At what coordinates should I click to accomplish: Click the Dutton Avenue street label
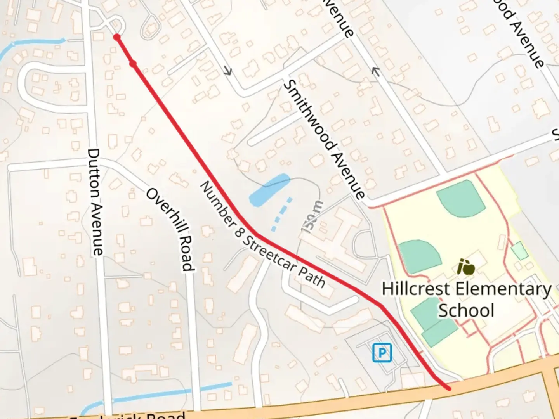pyautogui.click(x=95, y=202)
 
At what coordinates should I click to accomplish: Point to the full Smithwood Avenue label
pyautogui.click(x=324, y=140)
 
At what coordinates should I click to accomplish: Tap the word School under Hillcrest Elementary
pyautogui.click(x=466, y=310)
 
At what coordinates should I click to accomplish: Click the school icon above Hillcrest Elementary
pyautogui.click(x=466, y=267)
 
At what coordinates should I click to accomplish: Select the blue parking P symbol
pyautogui.click(x=382, y=353)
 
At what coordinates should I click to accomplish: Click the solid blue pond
pyautogui.click(x=269, y=190)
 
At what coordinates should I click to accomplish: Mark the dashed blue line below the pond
pyautogui.click(x=282, y=215)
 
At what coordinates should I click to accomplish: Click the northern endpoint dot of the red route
pyautogui.click(x=116, y=37)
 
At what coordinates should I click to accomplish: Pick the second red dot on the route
pyautogui.click(x=133, y=63)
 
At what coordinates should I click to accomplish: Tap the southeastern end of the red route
pyautogui.click(x=448, y=388)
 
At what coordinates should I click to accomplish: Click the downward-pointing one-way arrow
pyautogui.click(x=227, y=71)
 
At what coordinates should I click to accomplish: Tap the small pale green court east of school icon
pyautogui.click(x=519, y=251)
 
